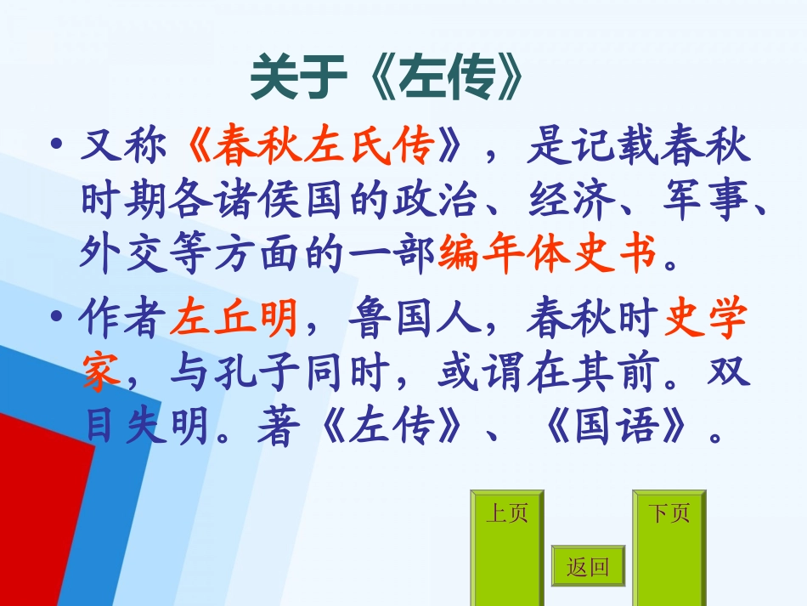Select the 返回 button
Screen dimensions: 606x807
(588, 567)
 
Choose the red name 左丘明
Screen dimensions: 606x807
(234, 321)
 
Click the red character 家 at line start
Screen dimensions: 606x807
(101, 374)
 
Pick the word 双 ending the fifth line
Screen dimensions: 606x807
(731, 374)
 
